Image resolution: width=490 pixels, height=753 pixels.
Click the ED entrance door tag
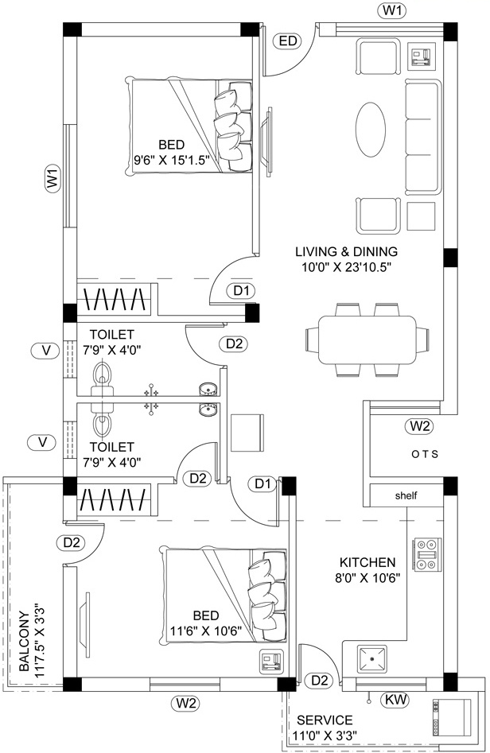click(x=287, y=41)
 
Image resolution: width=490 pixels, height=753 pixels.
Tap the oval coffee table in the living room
click(x=371, y=130)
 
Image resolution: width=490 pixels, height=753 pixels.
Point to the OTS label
click(x=425, y=454)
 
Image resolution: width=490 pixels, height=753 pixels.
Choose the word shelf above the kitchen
click(x=406, y=495)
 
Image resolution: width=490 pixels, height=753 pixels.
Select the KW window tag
click(x=396, y=700)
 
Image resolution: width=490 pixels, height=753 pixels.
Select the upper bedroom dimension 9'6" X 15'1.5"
click(x=171, y=159)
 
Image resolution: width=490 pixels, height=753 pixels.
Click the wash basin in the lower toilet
click(x=208, y=410)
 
